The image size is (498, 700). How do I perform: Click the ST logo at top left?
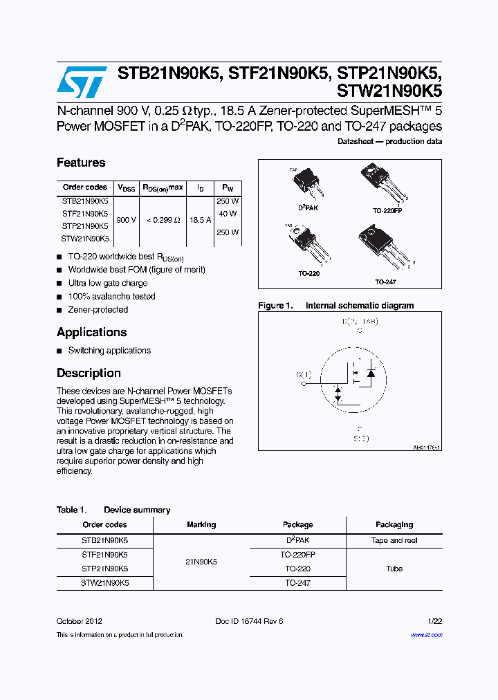[x=82, y=82]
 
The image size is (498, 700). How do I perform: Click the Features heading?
[x=81, y=163]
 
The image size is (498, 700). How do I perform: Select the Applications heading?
[x=91, y=332]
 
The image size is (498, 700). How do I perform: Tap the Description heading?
[x=89, y=373]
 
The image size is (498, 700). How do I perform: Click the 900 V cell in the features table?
[x=127, y=219]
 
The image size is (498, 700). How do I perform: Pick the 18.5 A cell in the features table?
[x=201, y=219]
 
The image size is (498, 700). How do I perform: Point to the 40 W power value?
[x=228, y=214]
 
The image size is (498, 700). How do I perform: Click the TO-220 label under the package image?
[x=309, y=274]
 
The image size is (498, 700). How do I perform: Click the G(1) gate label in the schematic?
[x=304, y=375]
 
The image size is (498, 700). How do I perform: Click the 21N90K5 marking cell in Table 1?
[x=201, y=562]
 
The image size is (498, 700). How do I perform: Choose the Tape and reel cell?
[x=394, y=540]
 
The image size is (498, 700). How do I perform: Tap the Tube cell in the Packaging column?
[x=394, y=569]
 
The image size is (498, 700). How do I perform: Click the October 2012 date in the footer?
[x=80, y=621]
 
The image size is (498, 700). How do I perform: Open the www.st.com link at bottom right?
[x=426, y=634]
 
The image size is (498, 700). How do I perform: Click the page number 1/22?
[x=434, y=621]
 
